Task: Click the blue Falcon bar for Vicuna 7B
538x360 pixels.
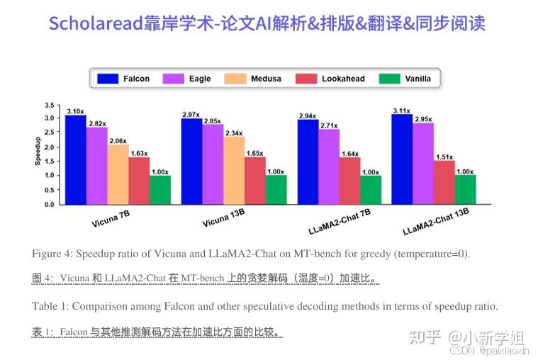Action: point(75,159)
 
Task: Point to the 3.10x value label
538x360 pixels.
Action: point(76,111)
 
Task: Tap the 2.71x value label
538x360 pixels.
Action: point(329,125)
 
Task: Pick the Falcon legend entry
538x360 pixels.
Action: point(123,79)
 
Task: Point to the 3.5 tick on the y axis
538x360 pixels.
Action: point(50,104)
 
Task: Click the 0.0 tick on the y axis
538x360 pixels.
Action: point(50,205)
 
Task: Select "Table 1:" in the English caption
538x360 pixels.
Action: point(50,306)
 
